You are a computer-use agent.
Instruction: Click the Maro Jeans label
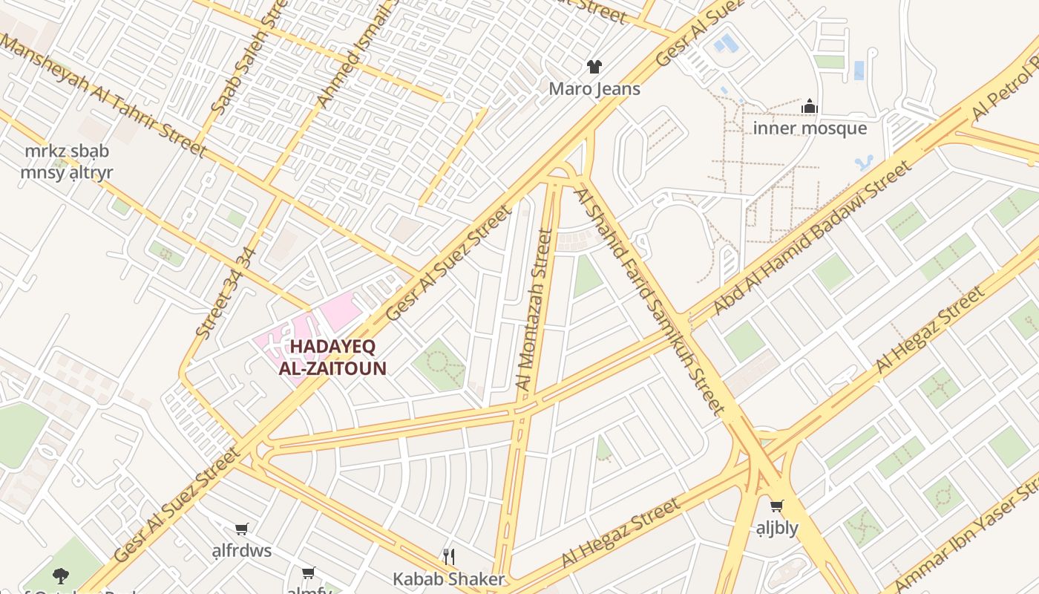(594, 89)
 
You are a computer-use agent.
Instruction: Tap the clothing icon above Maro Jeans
(594, 67)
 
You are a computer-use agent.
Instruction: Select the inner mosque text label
(810, 128)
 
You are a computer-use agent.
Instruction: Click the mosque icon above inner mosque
(810, 107)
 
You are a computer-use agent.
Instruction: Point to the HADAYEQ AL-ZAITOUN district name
(332, 357)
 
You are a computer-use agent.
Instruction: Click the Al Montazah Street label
(534, 309)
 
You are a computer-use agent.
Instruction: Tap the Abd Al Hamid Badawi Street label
(812, 238)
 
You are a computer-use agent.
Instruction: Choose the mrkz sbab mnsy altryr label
(66, 162)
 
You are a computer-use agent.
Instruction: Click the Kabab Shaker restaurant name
(448, 579)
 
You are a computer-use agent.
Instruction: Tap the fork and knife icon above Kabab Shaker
(448, 557)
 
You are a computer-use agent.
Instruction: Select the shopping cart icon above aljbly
(776, 506)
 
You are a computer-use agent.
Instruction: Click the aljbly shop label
(776, 528)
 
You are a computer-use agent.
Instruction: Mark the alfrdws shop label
(241, 551)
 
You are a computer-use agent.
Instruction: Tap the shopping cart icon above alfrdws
(241, 529)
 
